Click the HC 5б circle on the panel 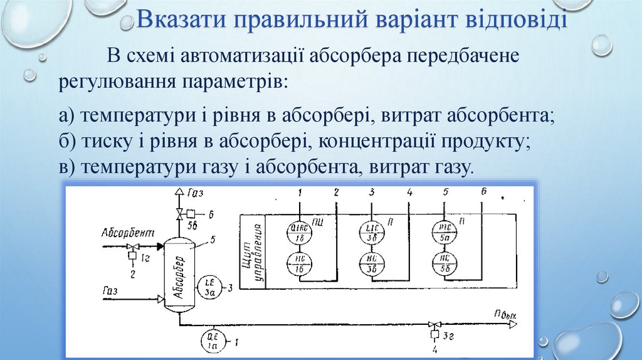coord(444,263)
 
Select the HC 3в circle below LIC coord(371,264)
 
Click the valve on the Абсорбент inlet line coord(133,246)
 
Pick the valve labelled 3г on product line coord(434,325)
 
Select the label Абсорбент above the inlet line coord(127,233)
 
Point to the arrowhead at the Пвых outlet coord(512,324)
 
